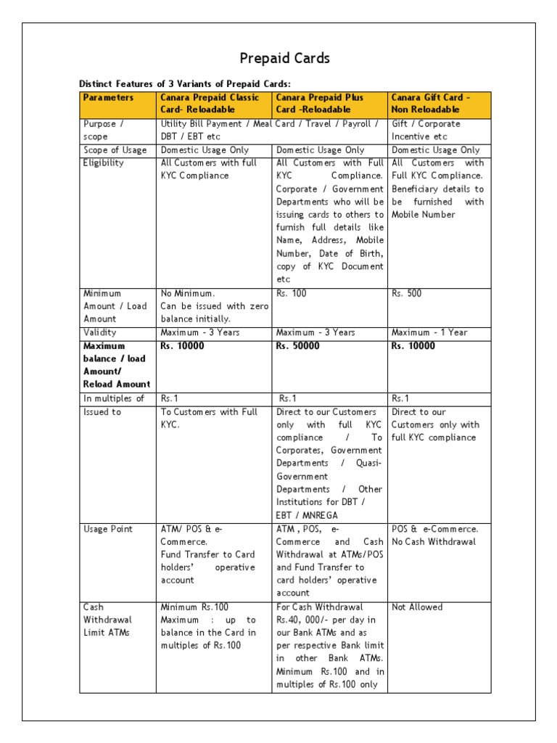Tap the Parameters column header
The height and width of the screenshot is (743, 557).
click(108, 97)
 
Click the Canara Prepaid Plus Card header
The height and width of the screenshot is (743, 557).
click(320, 103)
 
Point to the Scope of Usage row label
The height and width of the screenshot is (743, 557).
click(115, 150)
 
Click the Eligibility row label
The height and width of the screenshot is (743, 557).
click(104, 163)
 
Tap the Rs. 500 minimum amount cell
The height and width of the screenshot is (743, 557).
click(406, 294)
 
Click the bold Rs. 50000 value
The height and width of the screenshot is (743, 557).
click(297, 346)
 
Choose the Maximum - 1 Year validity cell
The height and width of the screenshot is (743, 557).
click(429, 332)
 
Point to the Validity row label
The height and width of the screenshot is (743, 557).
click(100, 332)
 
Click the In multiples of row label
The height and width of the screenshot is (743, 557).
click(114, 398)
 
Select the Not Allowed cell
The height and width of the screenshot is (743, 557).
click(416, 607)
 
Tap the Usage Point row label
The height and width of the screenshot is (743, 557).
click(108, 530)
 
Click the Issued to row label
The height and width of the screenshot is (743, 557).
click(102, 412)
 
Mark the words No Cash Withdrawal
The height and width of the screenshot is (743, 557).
click(434, 542)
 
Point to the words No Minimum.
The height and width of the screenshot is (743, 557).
click(188, 294)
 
